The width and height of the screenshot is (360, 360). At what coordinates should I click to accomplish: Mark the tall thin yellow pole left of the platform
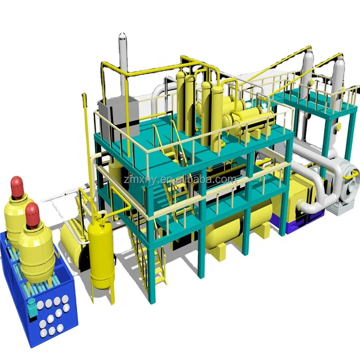tap(84, 135)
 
